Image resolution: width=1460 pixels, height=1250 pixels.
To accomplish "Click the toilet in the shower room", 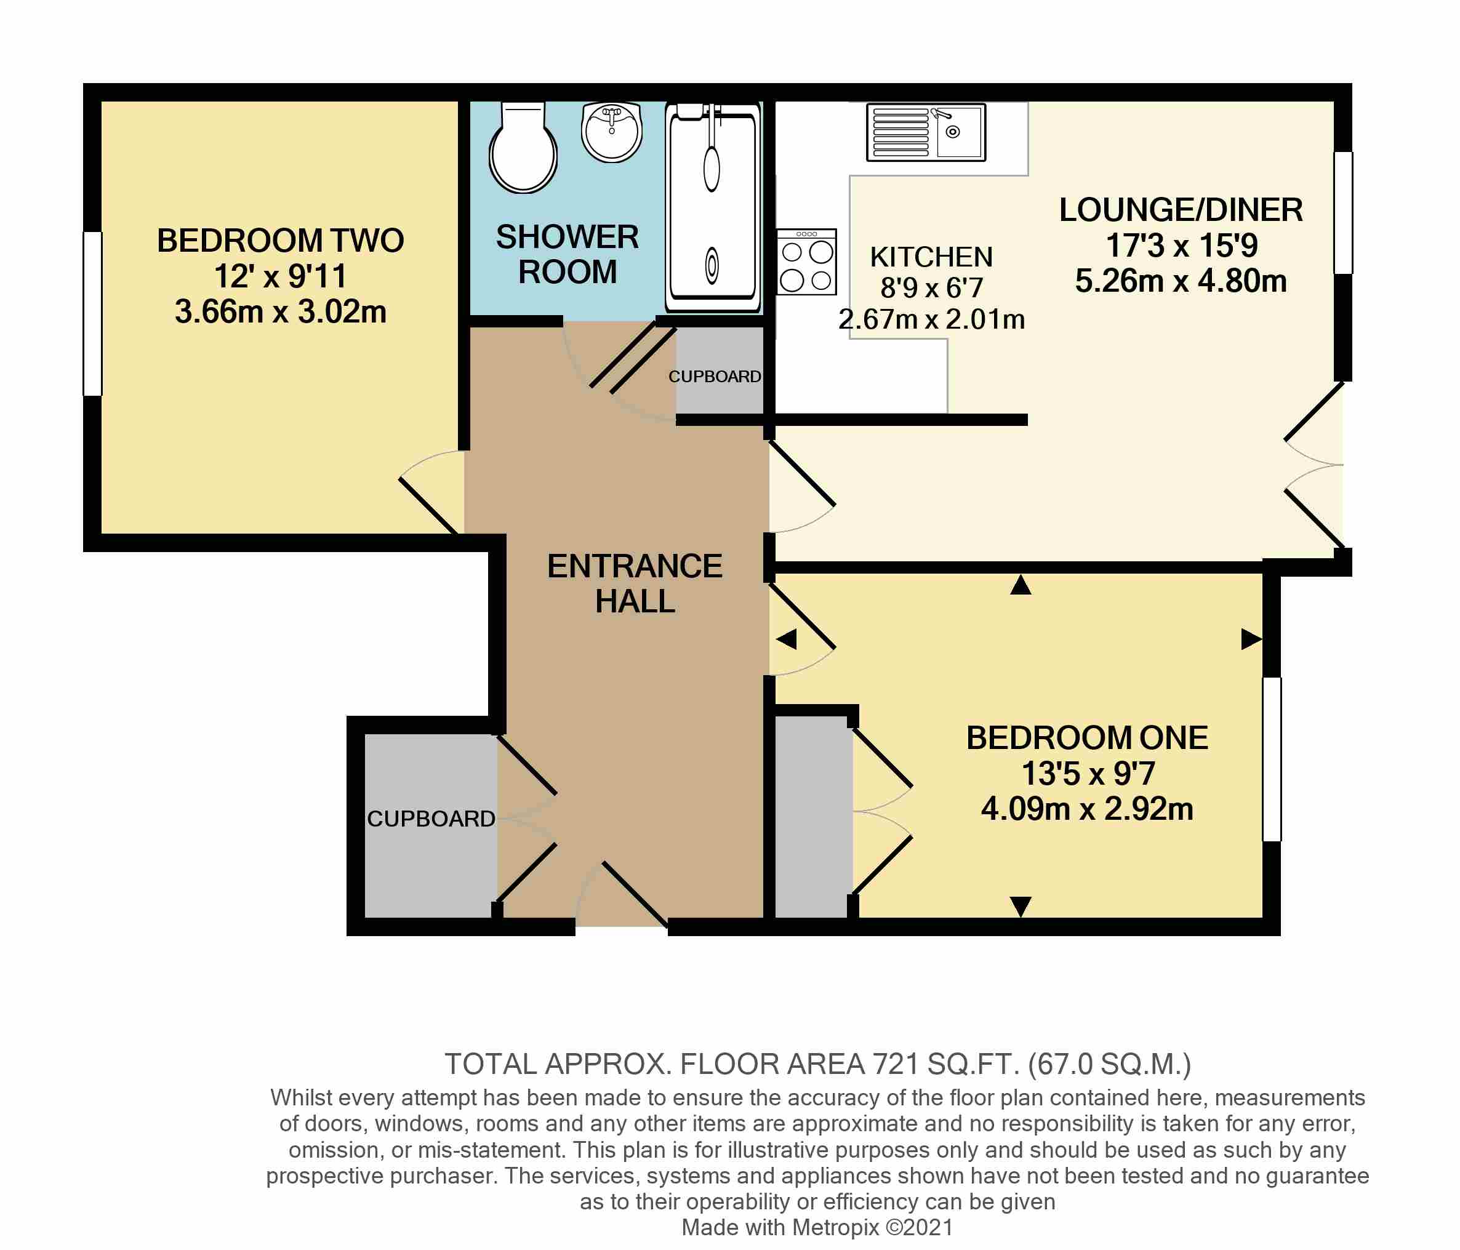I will (x=523, y=150).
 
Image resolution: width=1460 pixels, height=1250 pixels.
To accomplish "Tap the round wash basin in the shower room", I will (x=612, y=132).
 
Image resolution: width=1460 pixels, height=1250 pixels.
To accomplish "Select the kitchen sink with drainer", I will (x=925, y=132).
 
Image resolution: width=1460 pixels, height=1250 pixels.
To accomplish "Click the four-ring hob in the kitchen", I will (x=807, y=262).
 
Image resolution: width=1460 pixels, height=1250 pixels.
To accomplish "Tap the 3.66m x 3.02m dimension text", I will (x=281, y=311).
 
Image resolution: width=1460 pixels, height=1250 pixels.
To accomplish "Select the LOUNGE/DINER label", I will (x=1181, y=210).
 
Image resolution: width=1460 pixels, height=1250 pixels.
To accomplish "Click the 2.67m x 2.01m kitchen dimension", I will (x=931, y=320).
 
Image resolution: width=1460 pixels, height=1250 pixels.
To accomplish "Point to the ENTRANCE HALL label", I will (x=634, y=583).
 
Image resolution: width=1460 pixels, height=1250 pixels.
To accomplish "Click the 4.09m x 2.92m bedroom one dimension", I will (x=1086, y=809).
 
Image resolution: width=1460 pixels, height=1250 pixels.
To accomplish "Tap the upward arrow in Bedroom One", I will (x=1021, y=585).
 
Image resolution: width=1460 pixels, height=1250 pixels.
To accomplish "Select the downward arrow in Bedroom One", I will (x=1021, y=906).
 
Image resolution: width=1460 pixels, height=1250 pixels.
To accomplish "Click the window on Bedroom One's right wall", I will (x=1271, y=759).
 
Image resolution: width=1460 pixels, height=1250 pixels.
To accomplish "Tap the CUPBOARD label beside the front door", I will (x=430, y=819).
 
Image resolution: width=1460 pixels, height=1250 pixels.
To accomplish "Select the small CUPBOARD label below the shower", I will (x=715, y=377).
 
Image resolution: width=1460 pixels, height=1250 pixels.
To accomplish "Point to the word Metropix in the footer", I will (x=835, y=1227).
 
